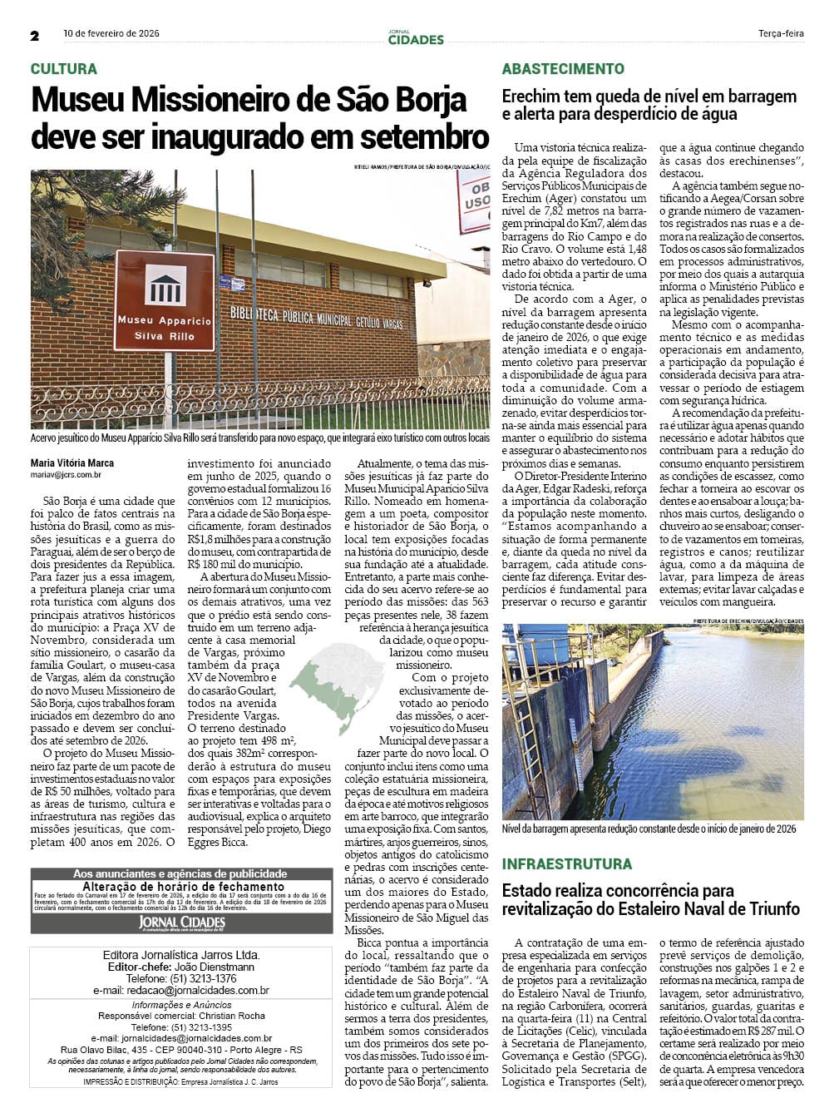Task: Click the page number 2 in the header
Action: [35, 35]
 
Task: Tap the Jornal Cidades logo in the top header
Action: [416, 37]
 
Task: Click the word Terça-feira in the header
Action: [781, 34]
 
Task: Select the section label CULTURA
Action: [64, 69]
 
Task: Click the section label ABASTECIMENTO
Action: [563, 69]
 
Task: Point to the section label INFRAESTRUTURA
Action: [566, 864]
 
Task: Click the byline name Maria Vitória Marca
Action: [72, 463]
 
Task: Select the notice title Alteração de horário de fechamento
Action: [183, 887]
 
